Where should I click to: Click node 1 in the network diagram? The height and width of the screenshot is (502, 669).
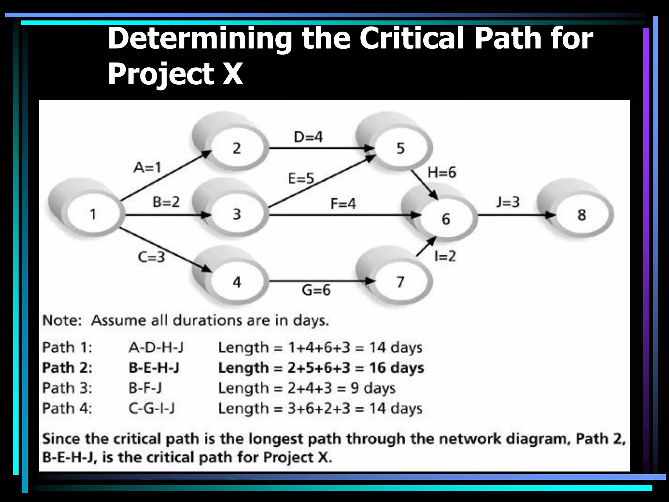pyautogui.click(x=93, y=214)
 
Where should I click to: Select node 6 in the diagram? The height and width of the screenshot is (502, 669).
pyautogui.click(x=446, y=219)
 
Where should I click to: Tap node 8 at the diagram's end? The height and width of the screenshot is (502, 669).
pyautogui.click(x=581, y=215)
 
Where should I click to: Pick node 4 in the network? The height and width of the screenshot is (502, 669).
pyautogui.click(x=237, y=282)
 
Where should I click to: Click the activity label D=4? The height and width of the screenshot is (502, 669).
pyautogui.click(x=308, y=137)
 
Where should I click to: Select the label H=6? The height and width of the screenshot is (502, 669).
pyautogui.click(x=442, y=172)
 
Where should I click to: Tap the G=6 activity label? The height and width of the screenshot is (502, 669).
pyautogui.click(x=316, y=290)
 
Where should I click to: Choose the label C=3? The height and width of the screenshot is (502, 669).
pyautogui.click(x=151, y=257)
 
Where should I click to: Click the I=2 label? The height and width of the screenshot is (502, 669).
pyautogui.click(x=445, y=256)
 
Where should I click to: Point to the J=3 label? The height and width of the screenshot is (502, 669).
pyautogui.click(x=508, y=202)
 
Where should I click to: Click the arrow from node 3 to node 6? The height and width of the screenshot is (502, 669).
pyautogui.click(x=343, y=215)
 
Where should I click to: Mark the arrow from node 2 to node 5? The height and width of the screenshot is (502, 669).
pyautogui.click(x=320, y=148)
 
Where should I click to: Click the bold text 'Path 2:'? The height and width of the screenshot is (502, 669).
pyautogui.click(x=67, y=368)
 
